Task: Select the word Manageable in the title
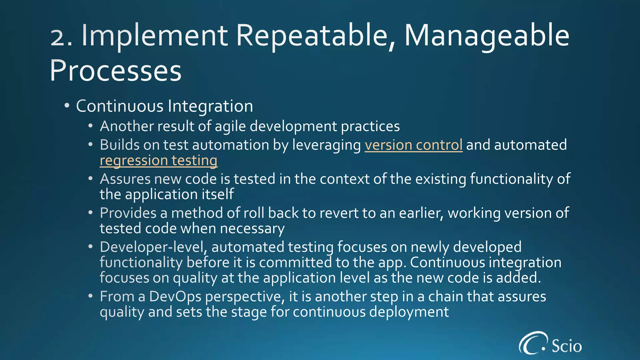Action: (487, 36)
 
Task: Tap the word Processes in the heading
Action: (116, 71)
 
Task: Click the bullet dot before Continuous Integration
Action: (67, 106)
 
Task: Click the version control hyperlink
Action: (413, 145)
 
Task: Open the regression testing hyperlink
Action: (158, 161)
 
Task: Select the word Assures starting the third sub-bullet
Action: (125, 179)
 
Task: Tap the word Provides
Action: (128, 213)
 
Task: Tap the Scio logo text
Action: (567, 346)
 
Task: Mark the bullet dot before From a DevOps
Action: (90, 296)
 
